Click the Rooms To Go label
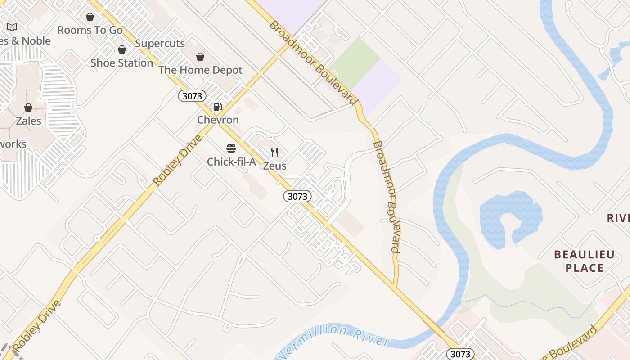[90, 30]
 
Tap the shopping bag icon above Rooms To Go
[90, 17]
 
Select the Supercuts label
[160, 43]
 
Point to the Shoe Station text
[121, 63]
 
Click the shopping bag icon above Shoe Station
[121, 49]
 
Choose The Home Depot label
[200, 70]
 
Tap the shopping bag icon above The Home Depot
[200, 57]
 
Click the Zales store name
[28, 121]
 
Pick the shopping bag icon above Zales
[28, 108]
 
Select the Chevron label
[218, 120]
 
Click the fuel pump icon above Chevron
[218, 107]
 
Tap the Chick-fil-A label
[231, 162]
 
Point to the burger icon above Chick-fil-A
[231, 148]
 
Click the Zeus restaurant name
[274, 166]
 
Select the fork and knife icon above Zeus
[274, 153]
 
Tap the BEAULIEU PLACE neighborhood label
[584, 261]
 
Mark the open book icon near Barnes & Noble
[12, 27]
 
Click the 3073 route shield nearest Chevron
[192, 96]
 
